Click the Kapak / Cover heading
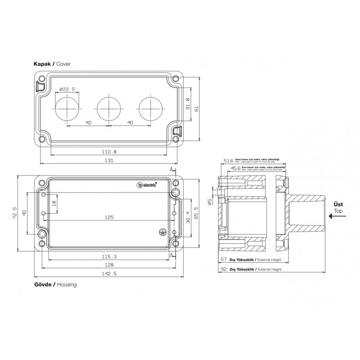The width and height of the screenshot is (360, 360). tap(52, 64)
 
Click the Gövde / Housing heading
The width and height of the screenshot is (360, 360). tap(55, 284)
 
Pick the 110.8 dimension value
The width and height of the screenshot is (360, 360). tap(109, 152)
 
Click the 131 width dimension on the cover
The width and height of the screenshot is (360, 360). tap(109, 160)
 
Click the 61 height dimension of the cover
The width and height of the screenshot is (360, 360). tap(196, 108)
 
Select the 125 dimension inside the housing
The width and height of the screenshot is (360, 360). tap(109, 217)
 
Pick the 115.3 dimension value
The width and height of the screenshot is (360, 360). tap(109, 256)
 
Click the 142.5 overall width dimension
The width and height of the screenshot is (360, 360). tap(109, 274)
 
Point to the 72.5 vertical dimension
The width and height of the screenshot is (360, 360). tap(15, 213)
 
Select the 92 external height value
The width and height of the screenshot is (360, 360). tap(224, 269)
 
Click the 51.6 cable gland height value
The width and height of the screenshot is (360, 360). tap(229, 160)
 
